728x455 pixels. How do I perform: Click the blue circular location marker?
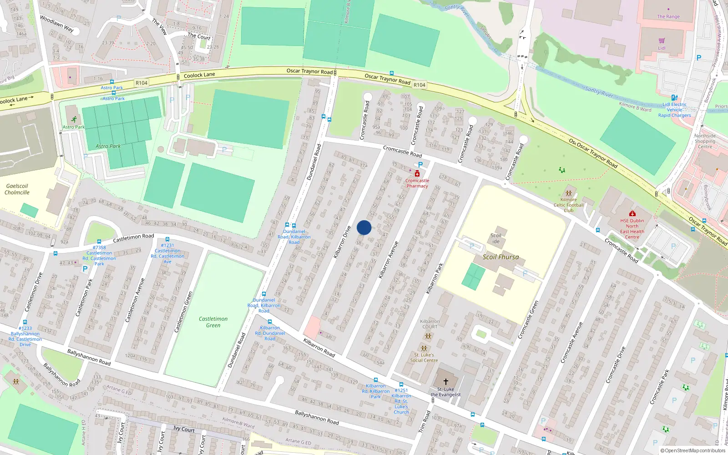click(x=364, y=227)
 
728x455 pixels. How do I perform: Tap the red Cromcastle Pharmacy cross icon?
click(x=417, y=173)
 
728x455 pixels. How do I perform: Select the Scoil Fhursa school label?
click(x=500, y=257)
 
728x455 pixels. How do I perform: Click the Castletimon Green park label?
click(x=213, y=322)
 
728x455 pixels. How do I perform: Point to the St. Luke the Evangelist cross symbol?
click(x=446, y=381)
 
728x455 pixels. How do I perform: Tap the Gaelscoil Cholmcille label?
click(x=17, y=189)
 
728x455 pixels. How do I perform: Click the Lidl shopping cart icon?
click(x=662, y=41)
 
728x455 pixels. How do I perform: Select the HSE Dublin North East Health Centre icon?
click(x=632, y=213)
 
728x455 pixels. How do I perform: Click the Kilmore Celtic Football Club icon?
click(x=569, y=193)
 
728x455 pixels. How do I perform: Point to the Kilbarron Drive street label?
click(x=342, y=242)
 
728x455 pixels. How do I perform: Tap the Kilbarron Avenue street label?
click(x=389, y=259)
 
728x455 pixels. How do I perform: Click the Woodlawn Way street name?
click(x=56, y=24)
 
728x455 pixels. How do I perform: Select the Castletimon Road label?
click(x=133, y=238)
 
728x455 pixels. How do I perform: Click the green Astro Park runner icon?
click(x=74, y=120)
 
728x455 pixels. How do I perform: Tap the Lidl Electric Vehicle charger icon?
click(x=674, y=97)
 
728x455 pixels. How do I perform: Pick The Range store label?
click(x=668, y=16)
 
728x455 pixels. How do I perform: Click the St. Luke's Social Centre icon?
click(x=424, y=349)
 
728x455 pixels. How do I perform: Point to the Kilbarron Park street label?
click(x=435, y=278)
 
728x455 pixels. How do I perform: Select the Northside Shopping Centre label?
click(x=705, y=141)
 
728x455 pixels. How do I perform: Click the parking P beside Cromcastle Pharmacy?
click(x=420, y=165)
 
